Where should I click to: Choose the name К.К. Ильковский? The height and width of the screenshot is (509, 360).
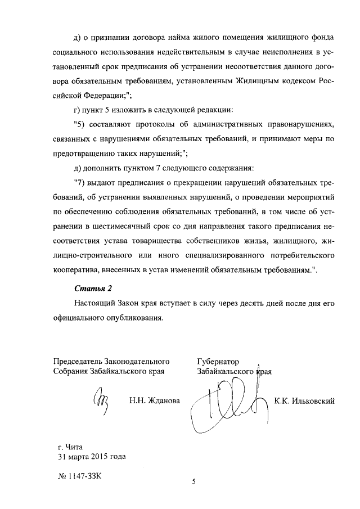tap(304, 401)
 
